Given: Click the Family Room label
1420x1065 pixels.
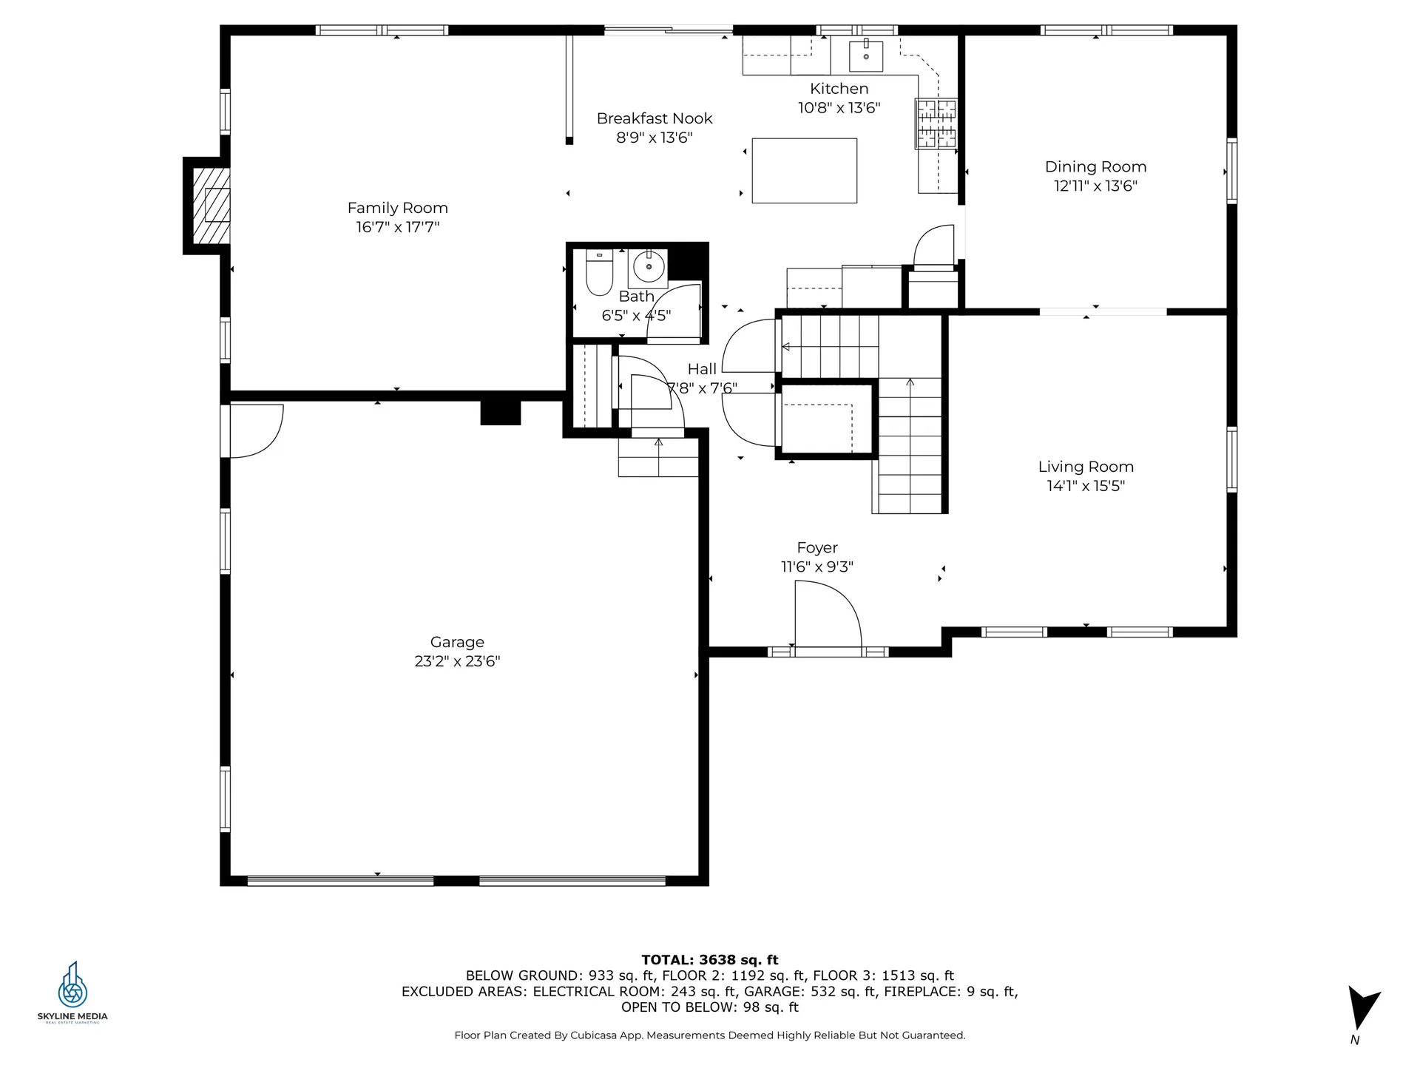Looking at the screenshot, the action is [x=398, y=208].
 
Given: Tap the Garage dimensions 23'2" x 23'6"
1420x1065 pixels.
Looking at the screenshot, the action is [x=457, y=661].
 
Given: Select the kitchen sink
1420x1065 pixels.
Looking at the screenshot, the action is [x=865, y=55].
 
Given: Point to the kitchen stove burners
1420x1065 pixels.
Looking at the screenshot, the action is [x=936, y=124].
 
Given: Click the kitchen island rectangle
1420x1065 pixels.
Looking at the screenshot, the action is [x=805, y=171].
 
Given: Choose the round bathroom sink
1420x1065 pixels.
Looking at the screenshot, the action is [x=649, y=266].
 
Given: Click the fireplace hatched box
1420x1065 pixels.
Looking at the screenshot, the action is [x=211, y=206].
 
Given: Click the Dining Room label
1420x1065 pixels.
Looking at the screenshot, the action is [x=1095, y=166].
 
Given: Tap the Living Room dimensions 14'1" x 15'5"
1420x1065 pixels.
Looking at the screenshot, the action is [x=1086, y=486].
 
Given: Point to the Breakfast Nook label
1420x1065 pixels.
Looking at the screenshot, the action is [x=655, y=118].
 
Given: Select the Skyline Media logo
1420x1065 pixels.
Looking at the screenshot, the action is [x=72, y=992].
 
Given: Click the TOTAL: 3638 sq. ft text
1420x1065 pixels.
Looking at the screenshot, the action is [x=710, y=960].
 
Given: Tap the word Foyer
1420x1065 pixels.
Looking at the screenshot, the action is [x=817, y=548].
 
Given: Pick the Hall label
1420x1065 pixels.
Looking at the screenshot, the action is [x=702, y=369].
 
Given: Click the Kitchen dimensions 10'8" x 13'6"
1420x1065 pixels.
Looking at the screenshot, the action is [x=839, y=108].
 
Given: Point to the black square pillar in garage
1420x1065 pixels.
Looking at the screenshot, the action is [x=501, y=412].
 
